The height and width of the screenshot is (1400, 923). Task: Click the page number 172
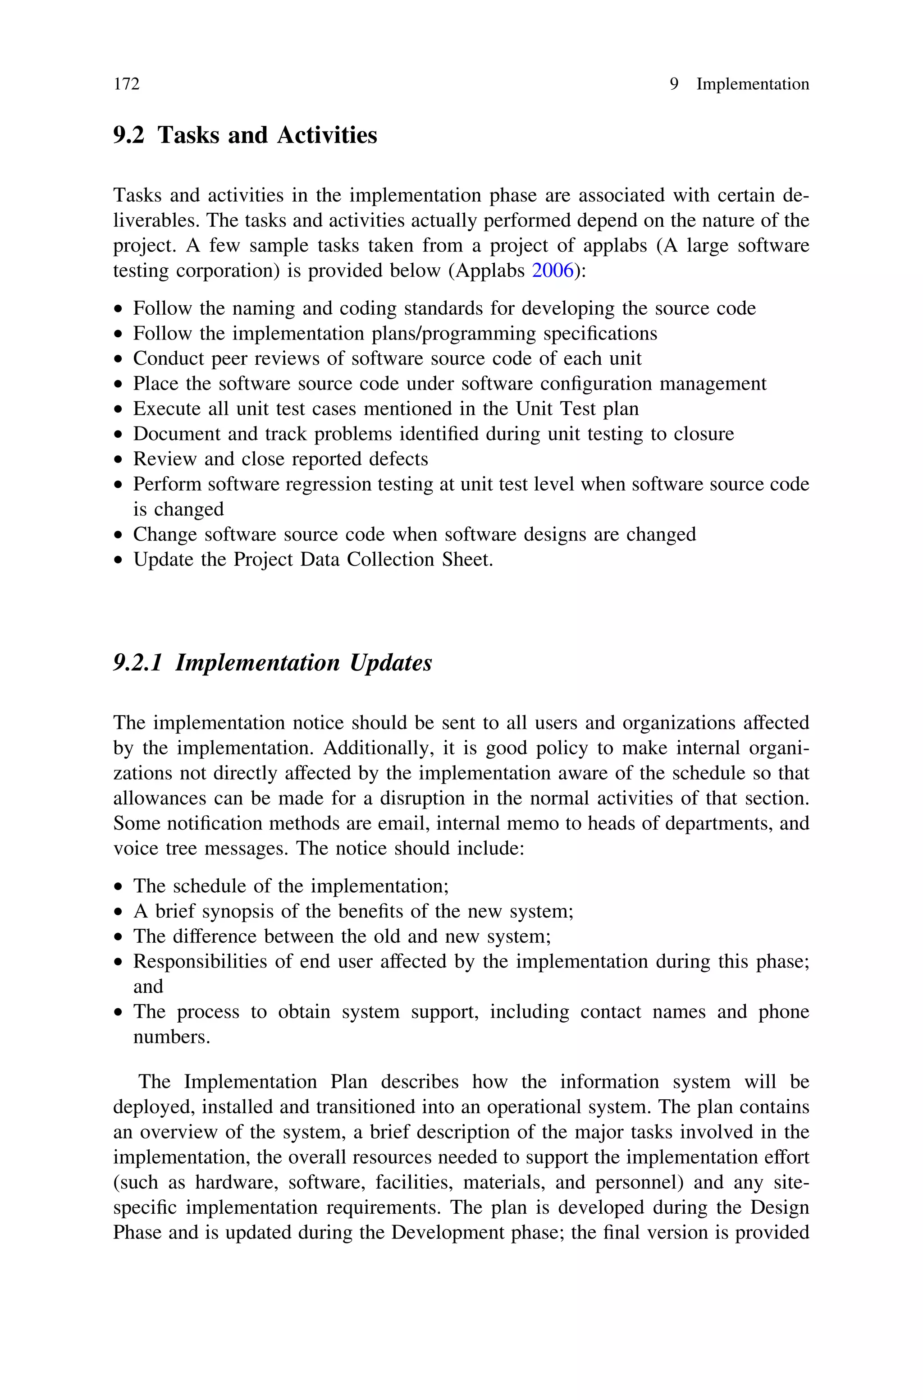127,84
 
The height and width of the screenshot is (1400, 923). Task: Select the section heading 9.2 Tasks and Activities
245,135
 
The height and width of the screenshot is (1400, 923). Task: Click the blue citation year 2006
552,271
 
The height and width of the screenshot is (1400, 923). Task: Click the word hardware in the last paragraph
237,1183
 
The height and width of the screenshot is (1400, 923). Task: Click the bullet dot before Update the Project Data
119,560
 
